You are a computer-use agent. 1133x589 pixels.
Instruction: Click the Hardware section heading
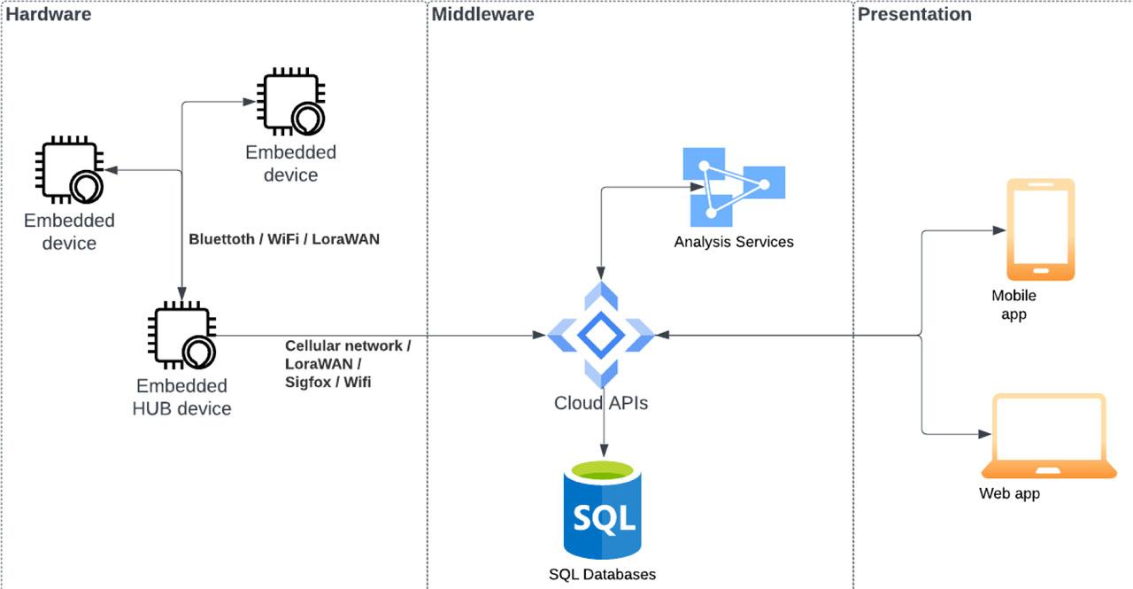pos(49,14)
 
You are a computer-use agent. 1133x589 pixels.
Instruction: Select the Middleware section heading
pos(483,14)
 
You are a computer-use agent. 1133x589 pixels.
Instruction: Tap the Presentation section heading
pos(914,14)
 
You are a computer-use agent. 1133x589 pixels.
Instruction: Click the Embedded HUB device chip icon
pos(181,337)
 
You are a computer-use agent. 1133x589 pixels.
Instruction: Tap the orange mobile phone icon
pos(1041,229)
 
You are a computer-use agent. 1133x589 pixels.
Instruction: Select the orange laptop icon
pos(1049,436)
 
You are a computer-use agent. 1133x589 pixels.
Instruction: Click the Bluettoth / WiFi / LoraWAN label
pos(284,239)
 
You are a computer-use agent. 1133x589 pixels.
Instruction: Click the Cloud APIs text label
pos(601,403)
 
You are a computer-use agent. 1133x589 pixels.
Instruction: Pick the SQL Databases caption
pos(603,574)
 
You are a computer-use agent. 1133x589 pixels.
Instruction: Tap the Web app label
pos(1009,493)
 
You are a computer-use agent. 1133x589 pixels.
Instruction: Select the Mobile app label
pos(1014,305)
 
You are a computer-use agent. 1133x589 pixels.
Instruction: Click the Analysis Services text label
pos(734,242)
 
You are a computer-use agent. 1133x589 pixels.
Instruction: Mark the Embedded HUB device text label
pos(181,397)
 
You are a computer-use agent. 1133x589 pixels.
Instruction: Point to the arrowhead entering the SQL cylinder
pos(604,453)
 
